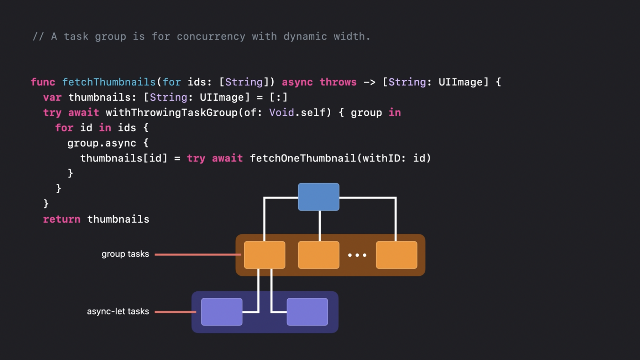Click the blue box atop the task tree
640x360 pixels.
point(319,197)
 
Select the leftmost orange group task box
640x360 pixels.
point(264,255)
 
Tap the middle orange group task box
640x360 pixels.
point(319,255)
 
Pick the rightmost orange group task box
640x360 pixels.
point(397,255)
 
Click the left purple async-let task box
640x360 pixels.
point(221,312)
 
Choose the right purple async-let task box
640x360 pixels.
point(307,312)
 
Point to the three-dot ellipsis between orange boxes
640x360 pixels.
point(357,255)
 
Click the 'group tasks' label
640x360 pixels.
point(125,254)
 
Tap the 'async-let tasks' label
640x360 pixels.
point(118,311)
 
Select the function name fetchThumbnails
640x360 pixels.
point(109,82)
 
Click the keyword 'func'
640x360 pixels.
point(43,82)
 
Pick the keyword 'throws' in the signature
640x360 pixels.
point(338,82)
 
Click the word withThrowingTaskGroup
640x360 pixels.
point(172,113)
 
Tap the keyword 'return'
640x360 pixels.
point(62,219)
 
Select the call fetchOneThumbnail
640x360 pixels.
point(303,158)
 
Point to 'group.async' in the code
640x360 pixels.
point(101,143)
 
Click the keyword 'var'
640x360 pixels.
point(52,97)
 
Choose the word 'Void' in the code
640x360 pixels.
point(281,113)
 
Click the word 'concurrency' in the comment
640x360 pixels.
point(211,36)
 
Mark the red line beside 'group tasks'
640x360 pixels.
point(198,254)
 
